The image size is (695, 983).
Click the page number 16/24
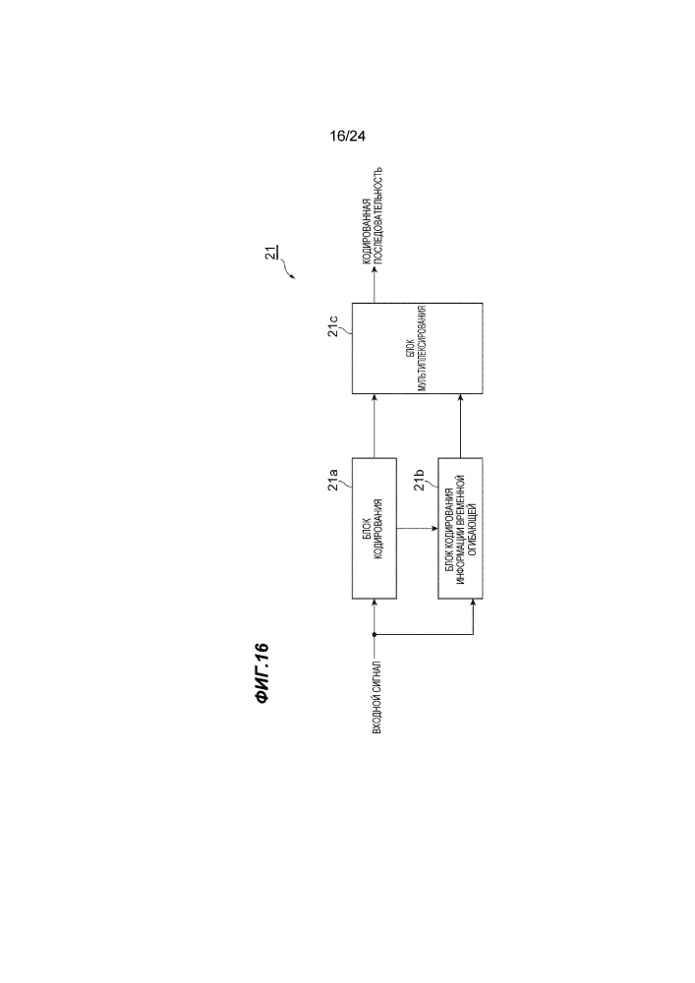click(x=347, y=136)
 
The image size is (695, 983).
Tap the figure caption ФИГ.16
click(x=262, y=674)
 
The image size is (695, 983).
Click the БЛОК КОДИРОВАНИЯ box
click(x=375, y=529)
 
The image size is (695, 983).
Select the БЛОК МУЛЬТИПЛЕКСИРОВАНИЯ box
click(x=418, y=349)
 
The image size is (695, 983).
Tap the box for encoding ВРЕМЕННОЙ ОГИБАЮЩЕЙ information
click(x=461, y=529)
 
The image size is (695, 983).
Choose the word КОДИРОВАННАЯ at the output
click(x=368, y=232)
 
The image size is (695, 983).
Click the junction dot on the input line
click(x=375, y=634)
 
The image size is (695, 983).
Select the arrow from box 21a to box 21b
click(x=418, y=529)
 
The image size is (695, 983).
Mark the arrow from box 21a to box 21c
click(x=375, y=427)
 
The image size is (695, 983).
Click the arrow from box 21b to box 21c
click(x=461, y=427)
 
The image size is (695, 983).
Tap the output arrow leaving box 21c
click(x=375, y=285)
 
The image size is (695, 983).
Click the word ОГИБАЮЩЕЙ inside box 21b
click(x=473, y=529)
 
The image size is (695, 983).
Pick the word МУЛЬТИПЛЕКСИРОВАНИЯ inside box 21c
click(x=423, y=349)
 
